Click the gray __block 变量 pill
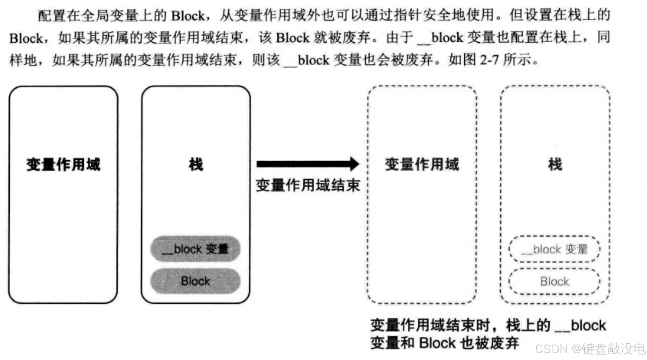[x=195, y=249]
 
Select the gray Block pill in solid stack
[x=195, y=281]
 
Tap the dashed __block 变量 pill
[x=554, y=249]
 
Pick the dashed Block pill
[x=554, y=281]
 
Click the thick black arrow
[x=307, y=164]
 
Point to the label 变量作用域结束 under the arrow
[x=308, y=186]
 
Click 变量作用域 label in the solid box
[x=63, y=164]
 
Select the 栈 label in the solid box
[x=196, y=164]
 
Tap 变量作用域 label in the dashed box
[x=422, y=164]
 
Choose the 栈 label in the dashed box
[x=555, y=164]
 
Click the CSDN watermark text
[x=551, y=349]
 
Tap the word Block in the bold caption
[x=437, y=343]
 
